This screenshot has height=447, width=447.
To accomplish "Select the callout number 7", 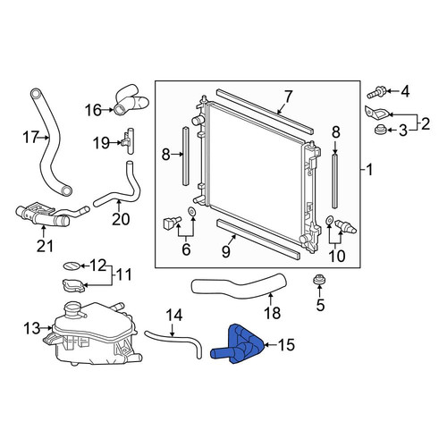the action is (288, 97).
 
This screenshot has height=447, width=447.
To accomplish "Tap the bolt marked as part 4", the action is (376, 92).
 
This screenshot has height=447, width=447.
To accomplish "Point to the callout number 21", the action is (45, 246).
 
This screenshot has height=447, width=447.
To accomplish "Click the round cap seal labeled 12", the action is (72, 266).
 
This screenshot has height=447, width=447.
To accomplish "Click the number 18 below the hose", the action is (273, 313).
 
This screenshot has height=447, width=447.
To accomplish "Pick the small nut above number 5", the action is (319, 281).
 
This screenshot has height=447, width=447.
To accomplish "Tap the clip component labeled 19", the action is (128, 141).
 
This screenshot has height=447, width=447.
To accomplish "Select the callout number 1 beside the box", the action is (369, 171).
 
